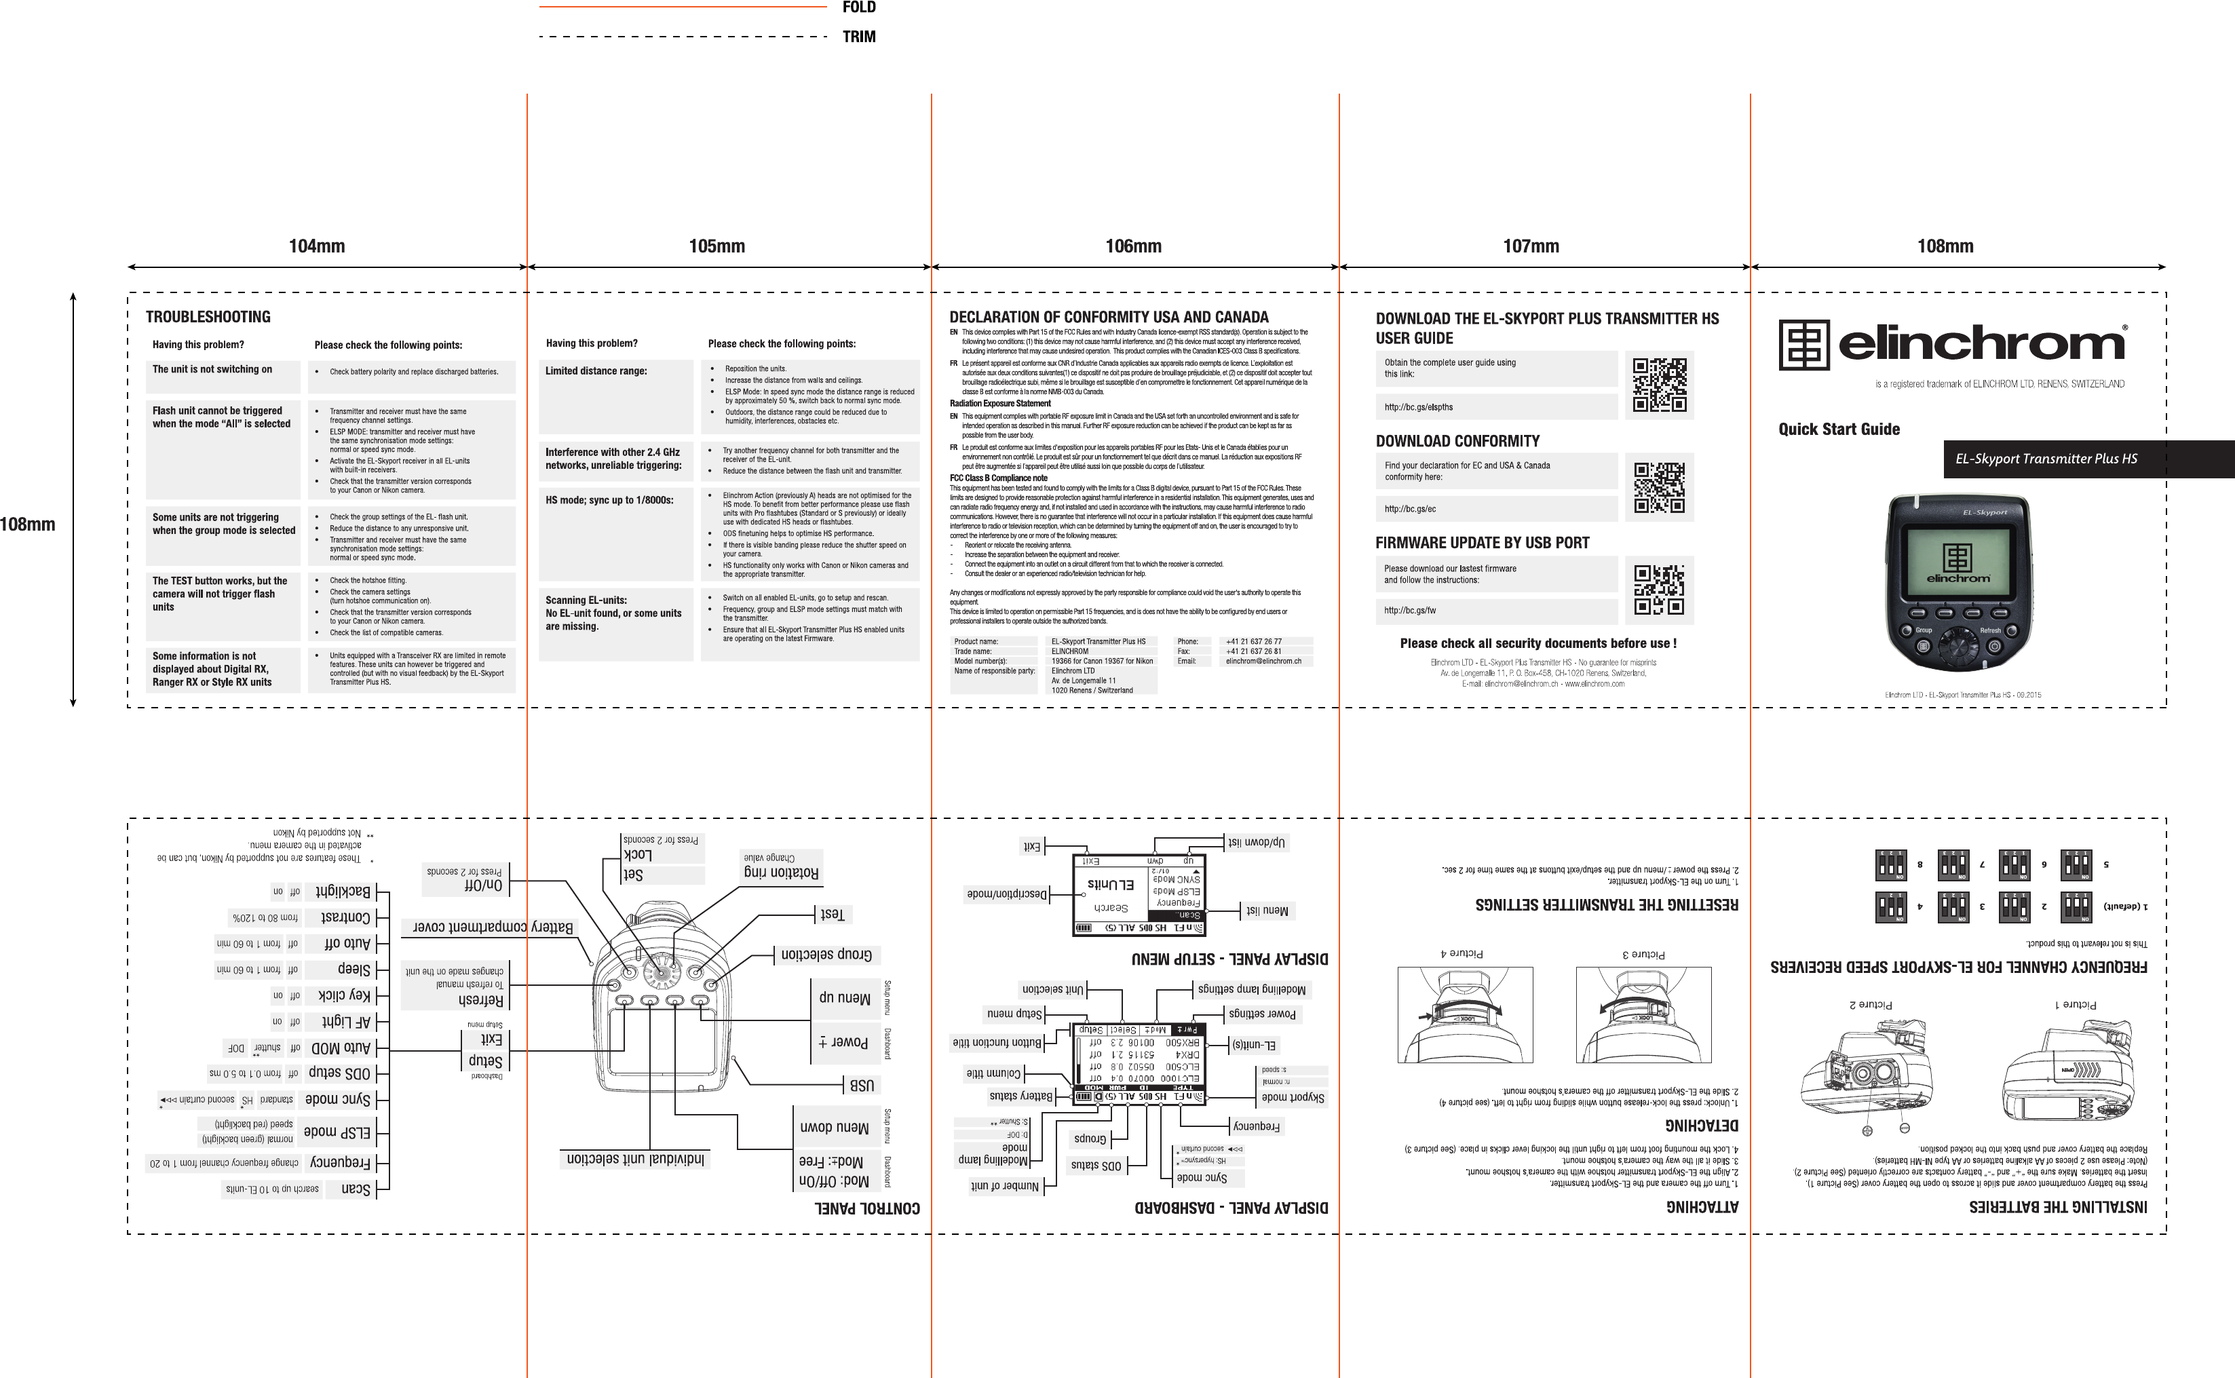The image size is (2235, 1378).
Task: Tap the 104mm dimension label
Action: tap(316, 246)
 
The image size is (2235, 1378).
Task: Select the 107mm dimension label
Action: tap(1531, 246)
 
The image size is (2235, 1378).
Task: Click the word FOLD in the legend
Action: tap(858, 8)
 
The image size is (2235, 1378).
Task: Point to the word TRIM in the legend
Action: tap(858, 37)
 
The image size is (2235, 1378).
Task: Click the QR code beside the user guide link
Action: tap(1658, 385)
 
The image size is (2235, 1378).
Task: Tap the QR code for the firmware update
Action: tap(1658, 590)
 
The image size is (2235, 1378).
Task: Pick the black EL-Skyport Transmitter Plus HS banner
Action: tap(2086, 459)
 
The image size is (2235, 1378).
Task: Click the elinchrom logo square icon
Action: tap(1804, 345)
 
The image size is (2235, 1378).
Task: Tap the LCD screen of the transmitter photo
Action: tap(1957, 558)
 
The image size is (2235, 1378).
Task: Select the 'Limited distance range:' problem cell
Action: tap(616, 396)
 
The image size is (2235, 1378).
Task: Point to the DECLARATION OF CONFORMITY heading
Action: tap(1109, 317)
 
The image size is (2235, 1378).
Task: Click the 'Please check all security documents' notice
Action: tap(1538, 643)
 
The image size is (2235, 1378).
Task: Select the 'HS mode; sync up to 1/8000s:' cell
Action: tap(616, 535)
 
